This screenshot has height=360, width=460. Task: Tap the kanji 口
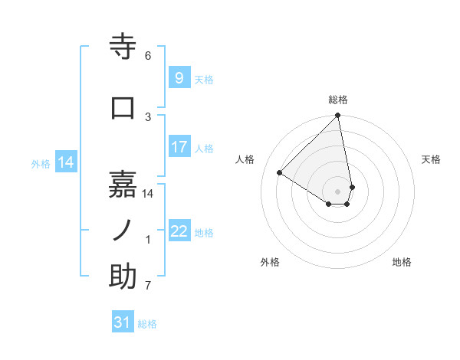tap(123, 106)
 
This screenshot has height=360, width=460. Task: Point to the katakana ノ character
tap(123, 229)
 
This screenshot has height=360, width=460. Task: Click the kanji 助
tap(123, 277)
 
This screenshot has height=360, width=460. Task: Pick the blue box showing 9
tap(179, 78)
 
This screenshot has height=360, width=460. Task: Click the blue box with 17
tap(179, 147)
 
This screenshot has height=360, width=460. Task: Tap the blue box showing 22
tap(179, 231)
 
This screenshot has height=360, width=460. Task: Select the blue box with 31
tap(123, 322)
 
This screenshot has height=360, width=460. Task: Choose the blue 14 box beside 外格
tap(66, 162)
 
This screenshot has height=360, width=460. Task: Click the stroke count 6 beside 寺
tap(148, 56)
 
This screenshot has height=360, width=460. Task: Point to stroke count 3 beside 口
tap(148, 116)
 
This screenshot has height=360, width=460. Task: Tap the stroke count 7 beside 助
tap(148, 286)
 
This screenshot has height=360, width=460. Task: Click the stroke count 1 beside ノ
tap(148, 240)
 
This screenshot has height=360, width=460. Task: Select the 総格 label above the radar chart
tap(338, 100)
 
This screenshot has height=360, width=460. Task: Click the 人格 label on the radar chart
tap(245, 159)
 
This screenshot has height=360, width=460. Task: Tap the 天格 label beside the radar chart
tap(432, 159)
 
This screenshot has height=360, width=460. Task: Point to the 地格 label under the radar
tap(402, 262)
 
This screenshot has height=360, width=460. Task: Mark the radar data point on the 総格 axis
tap(338, 116)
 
